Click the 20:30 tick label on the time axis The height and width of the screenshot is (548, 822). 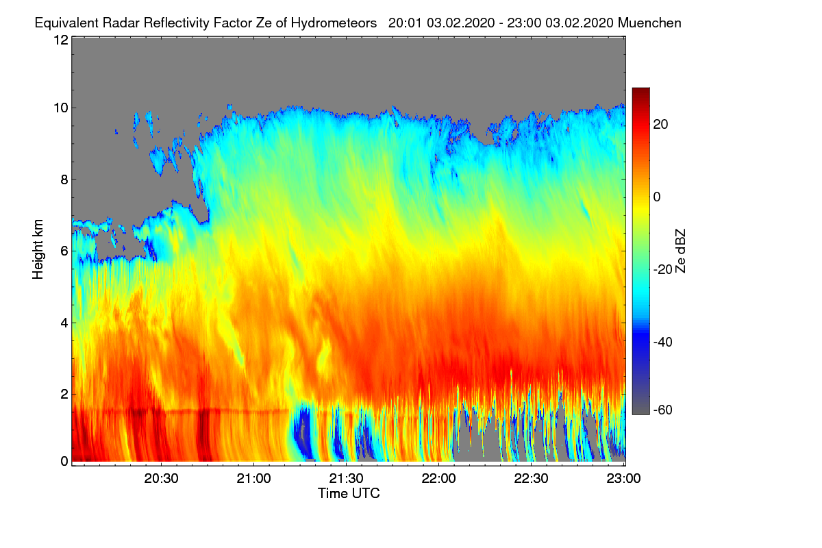coord(161,478)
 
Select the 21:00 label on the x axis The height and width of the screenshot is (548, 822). coord(253,478)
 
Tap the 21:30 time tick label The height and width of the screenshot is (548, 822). coord(346,478)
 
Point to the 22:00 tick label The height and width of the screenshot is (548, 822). coord(438,478)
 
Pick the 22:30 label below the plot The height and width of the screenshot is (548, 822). coord(531,478)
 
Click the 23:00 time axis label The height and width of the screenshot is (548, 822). coord(623,478)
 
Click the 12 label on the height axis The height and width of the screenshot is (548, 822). coord(61,40)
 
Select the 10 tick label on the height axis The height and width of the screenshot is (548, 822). coord(61,108)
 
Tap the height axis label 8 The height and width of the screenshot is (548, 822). coord(64,179)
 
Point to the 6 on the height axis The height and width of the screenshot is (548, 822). coord(64,251)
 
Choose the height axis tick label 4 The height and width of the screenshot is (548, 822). coord(64,323)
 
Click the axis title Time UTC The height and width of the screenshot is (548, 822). coord(349,493)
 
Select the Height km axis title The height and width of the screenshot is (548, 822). coord(38,249)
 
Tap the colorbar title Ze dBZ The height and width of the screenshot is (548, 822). coord(680,251)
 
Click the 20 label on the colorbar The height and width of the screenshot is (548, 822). coord(660,125)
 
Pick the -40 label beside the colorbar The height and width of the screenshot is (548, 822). coord(663,342)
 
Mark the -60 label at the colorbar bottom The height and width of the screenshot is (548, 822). coord(663,410)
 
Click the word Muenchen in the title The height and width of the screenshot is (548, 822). coord(649,23)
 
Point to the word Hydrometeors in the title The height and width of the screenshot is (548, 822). coord(334,23)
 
